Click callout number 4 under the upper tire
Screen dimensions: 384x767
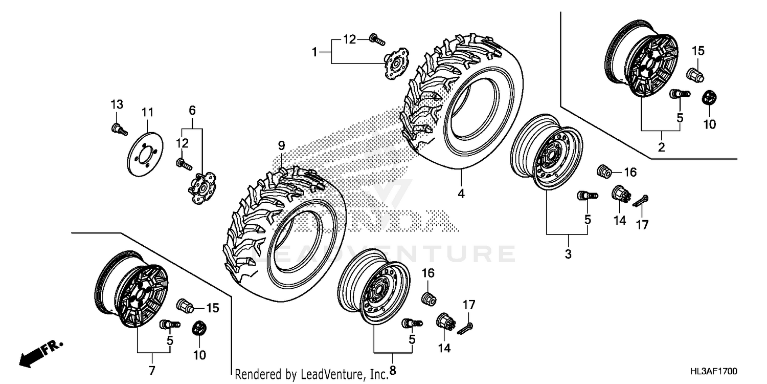pyautogui.click(x=461, y=194)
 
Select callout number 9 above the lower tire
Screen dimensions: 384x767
pyautogui.click(x=281, y=146)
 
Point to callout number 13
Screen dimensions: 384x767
pyautogui.click(x=117, y=105)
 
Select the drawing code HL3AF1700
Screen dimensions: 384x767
pyautogui.click(x=714, y=370)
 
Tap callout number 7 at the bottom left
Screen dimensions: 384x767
pyautogui.click(x=152, y=370)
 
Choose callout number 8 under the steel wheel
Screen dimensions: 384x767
pyautogui.click(x=393, y=369)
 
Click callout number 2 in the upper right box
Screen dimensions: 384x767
pyautogui.click(x=661, y=148)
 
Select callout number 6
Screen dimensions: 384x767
pyautogui.click(x=192, y=111)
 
